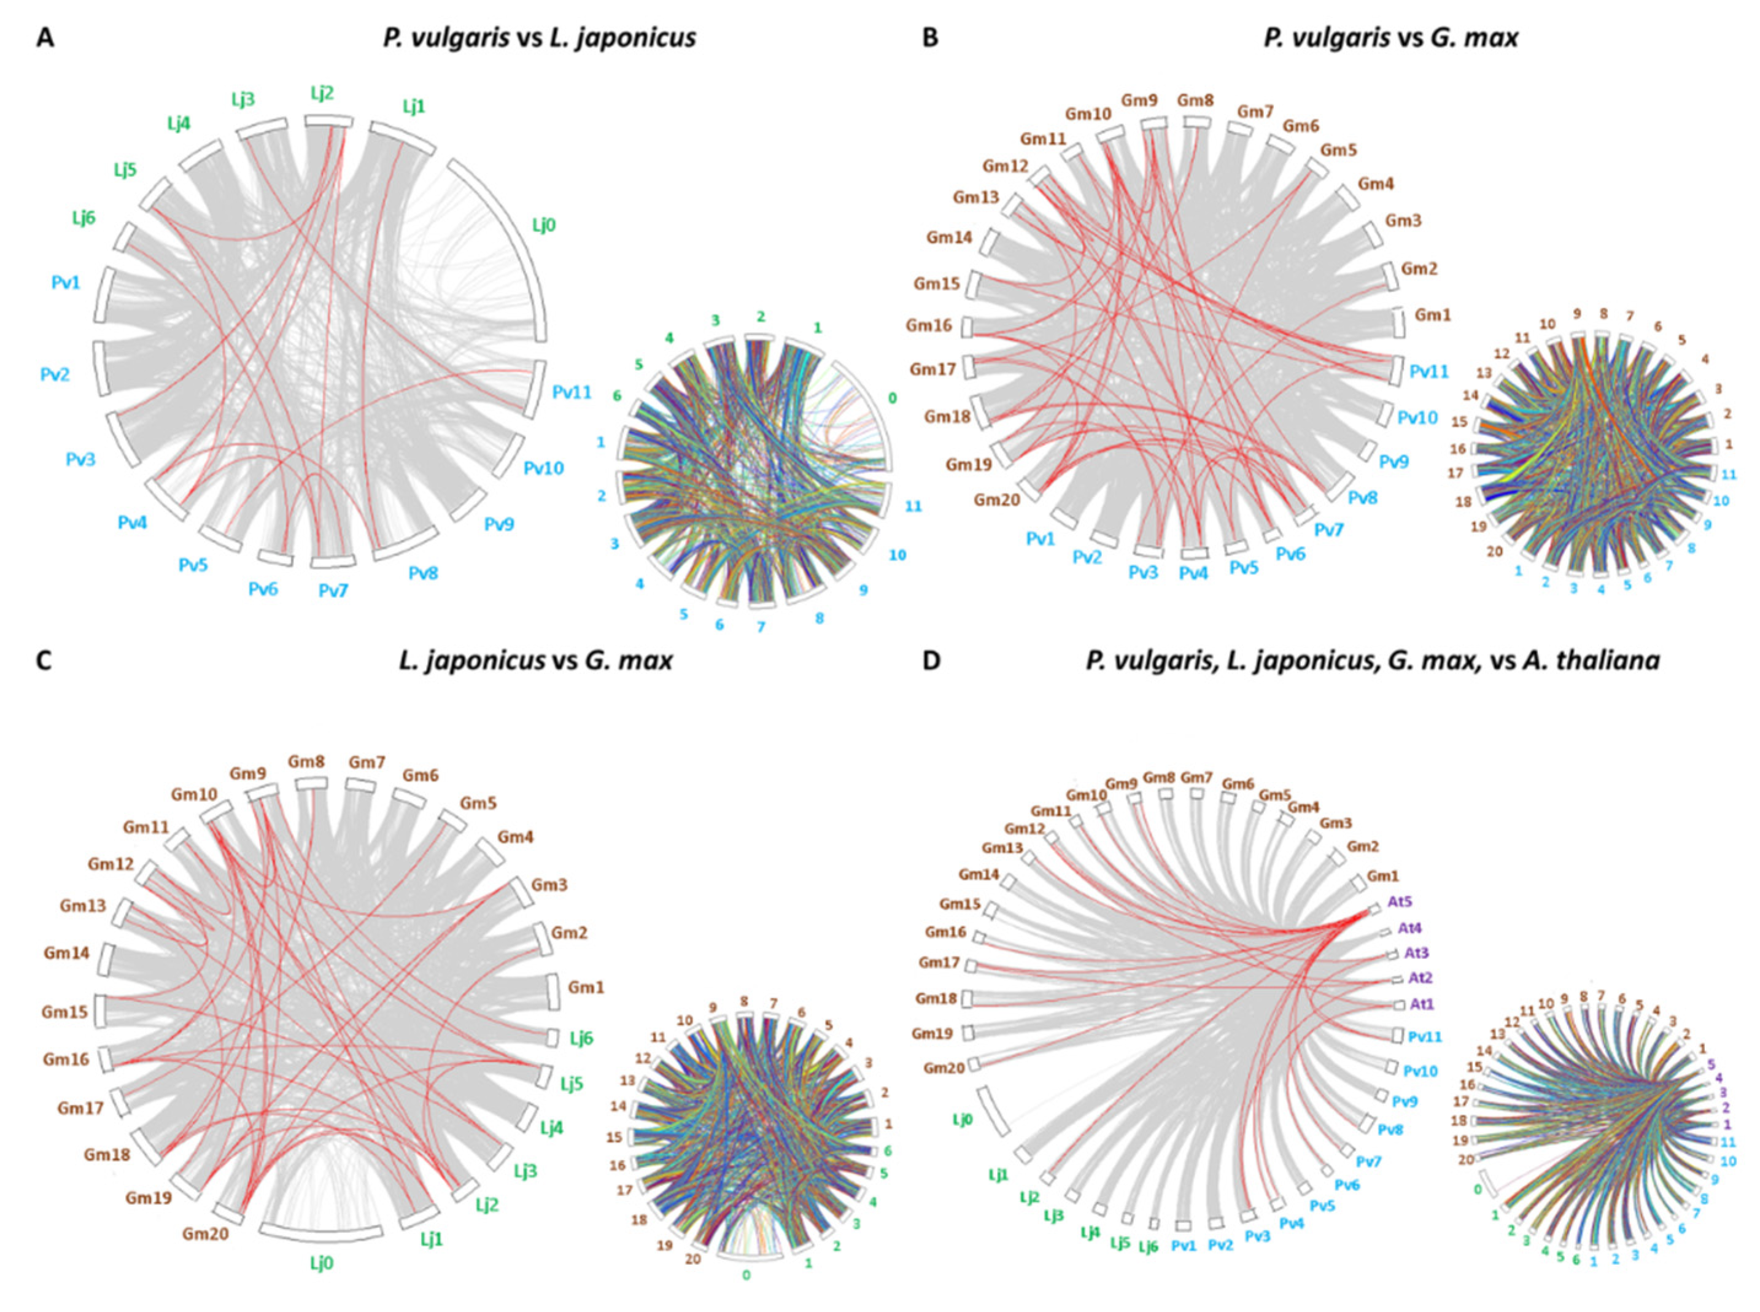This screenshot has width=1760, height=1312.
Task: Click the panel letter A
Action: tap(45, 38)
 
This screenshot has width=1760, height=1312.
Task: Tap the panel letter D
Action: tap(930, 660)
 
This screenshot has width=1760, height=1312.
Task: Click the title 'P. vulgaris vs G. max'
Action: tap(1390, 37)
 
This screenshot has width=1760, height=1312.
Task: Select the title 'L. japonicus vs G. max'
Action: tap(535, 660)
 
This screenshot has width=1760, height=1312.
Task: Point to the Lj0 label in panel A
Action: tap(543, 225)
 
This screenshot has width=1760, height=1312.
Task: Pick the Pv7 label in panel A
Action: tap(333, 591)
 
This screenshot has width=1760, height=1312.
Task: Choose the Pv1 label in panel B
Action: tap(1041, 539)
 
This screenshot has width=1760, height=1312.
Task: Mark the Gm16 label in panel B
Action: tap(928, 325)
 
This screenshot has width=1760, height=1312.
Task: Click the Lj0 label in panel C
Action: tap(321, 1263)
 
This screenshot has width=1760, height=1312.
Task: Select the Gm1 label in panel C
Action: tap(586, 988)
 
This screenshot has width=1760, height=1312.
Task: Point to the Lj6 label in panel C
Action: tap(581, 1038)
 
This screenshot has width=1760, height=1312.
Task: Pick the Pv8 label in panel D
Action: tap(1390, 1129)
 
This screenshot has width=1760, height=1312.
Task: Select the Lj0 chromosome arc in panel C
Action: tap(321, 1233)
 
